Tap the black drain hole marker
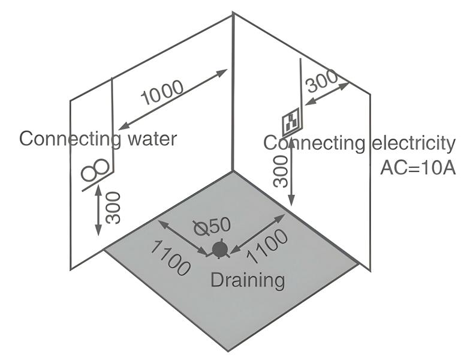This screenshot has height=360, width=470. pos(219,248)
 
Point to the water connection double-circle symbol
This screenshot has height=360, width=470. pos(96,170)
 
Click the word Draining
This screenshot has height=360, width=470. pos(246,279)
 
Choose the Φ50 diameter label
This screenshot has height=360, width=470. pos(211,226)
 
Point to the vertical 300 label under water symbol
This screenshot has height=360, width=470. pos(113,208)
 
